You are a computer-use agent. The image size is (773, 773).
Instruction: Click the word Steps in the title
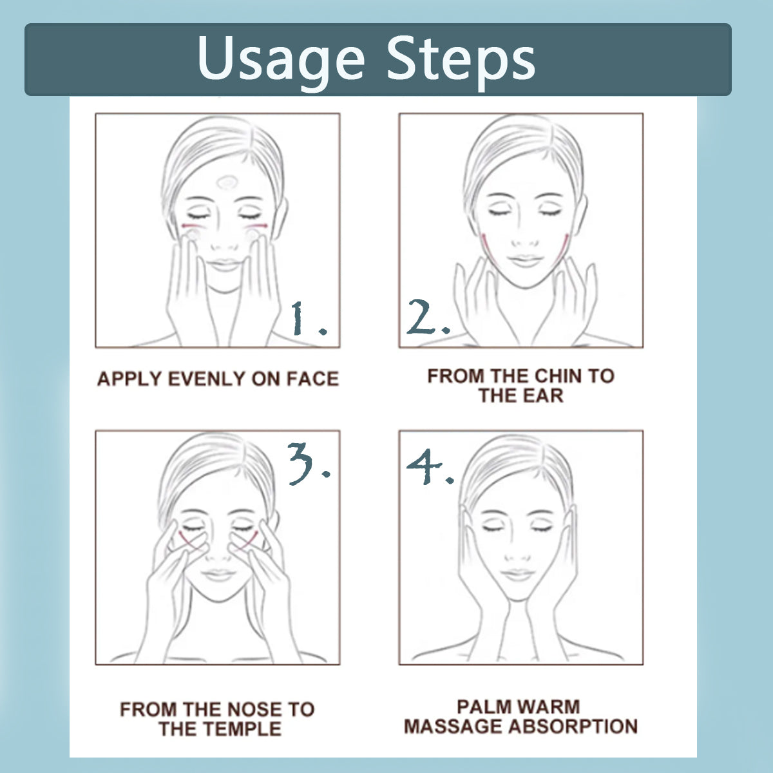(x=461, y=60)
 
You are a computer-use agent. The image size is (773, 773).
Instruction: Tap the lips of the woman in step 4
(x=517, y=575)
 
